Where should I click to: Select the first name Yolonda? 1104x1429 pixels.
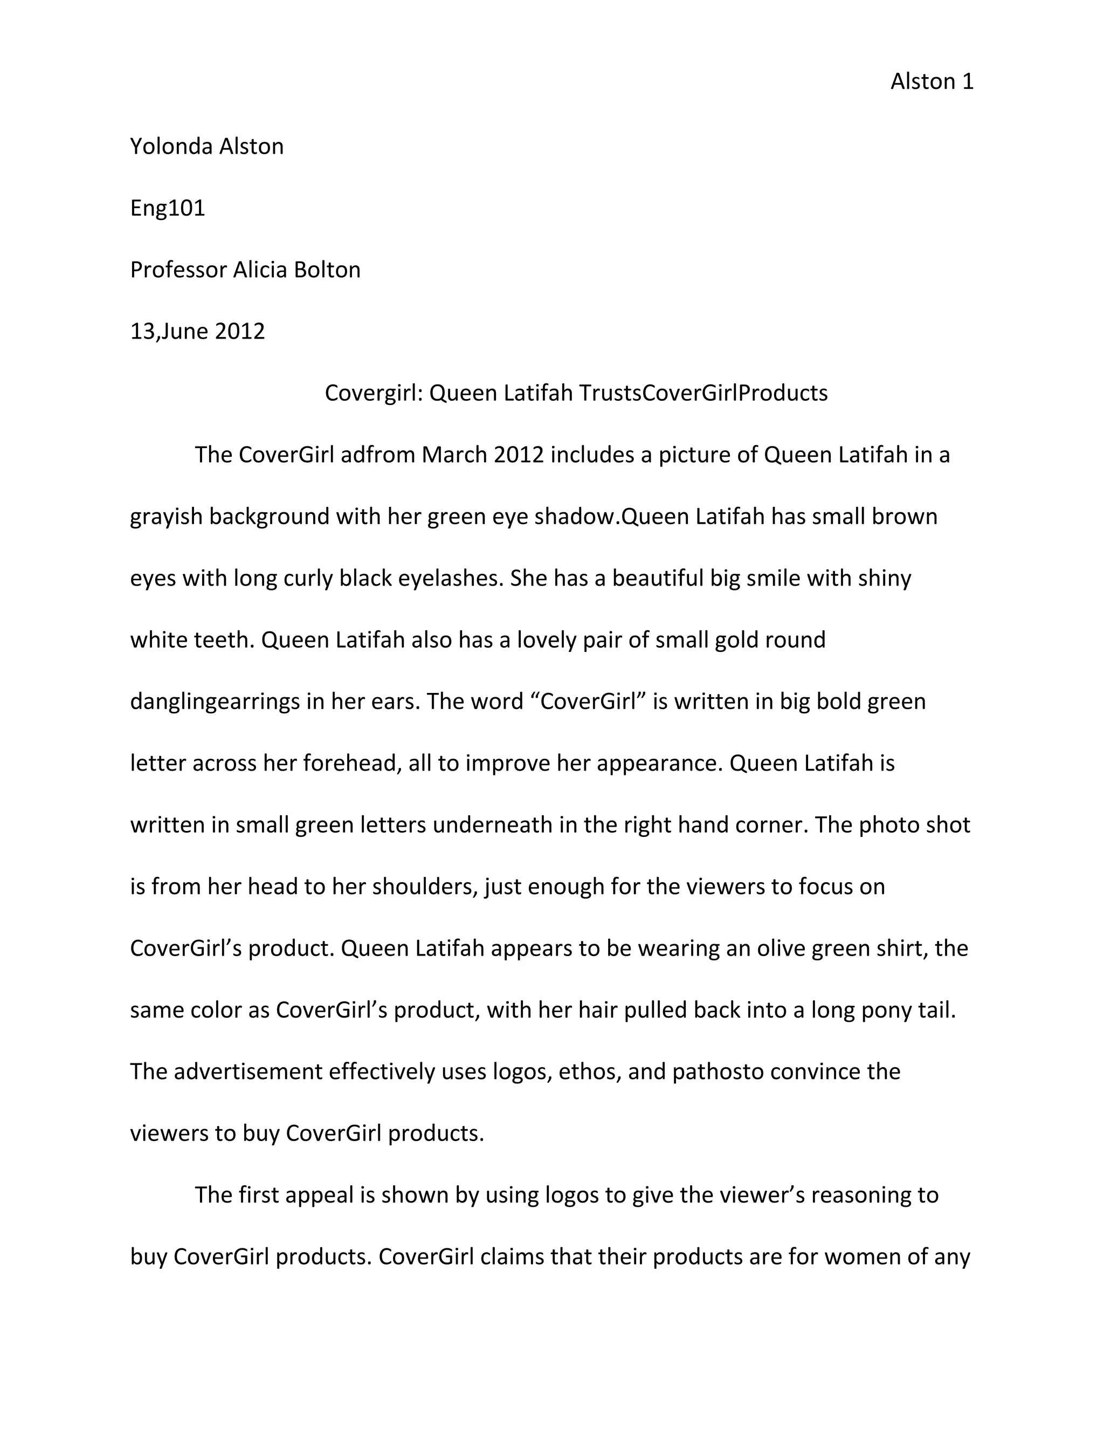pyautogui.click(x=171, y=146)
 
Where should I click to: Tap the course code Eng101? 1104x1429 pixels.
pyautogui.click(x=168, y=208)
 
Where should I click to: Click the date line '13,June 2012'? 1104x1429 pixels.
pyautogui.click(x=197, y=331)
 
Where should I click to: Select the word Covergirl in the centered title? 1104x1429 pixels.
pyautogui.click(x=374, y=393)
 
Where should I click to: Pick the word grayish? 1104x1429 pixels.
pyautogui.click(x=166, y=517)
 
